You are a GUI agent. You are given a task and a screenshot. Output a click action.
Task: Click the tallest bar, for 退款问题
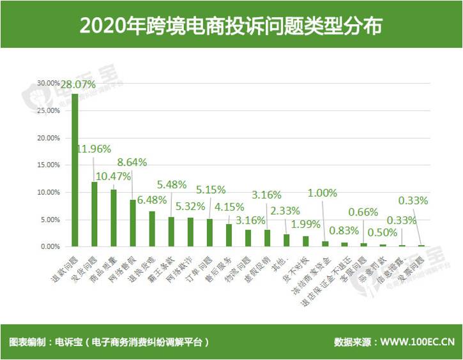pyautogui.click(x=75, y=170)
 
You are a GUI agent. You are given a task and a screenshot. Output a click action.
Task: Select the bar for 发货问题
pyautogui.click(x=95, y=214)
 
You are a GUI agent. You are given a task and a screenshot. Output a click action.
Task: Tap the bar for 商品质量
pyautogui.click(x=114, y=218)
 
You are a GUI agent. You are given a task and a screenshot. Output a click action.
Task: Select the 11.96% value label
pyautogui.click(x=95, y=149)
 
